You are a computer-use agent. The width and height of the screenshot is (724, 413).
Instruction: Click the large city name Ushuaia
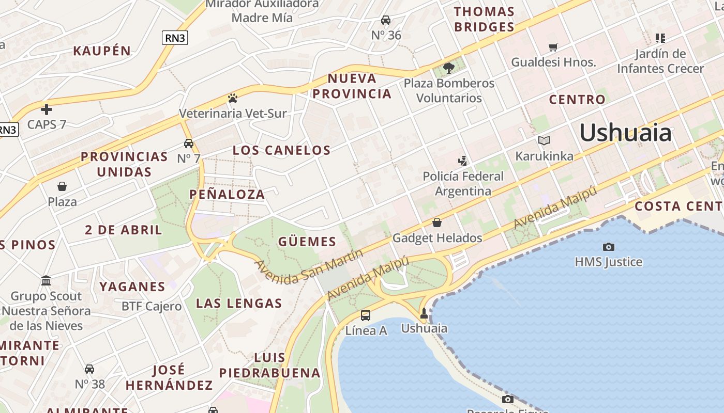tap(625, 133)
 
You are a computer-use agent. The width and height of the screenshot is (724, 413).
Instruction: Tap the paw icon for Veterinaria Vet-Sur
tap(233, 98)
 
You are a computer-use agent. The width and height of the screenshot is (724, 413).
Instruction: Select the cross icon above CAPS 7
tap(47, 109)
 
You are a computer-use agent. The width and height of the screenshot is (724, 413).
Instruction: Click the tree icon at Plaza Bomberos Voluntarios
tap(449, 68)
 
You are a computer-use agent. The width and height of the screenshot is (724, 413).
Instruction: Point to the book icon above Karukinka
tap(544, 140)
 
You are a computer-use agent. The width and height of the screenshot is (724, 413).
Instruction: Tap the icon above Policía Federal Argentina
tap(463, 161)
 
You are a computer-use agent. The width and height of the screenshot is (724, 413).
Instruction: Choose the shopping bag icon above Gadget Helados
tap(437, 223)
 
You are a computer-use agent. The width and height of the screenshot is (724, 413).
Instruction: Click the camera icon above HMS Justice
tap(609, 247)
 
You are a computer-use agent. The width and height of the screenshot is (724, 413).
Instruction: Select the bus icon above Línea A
tap(366, 315)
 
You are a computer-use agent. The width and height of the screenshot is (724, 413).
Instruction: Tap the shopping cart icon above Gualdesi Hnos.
tap(553, 47)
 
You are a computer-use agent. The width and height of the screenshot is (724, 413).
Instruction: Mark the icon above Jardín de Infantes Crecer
tap(660, 38)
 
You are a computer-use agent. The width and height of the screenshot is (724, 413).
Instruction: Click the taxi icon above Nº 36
tap(385, 20)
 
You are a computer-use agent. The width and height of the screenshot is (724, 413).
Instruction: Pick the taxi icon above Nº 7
tap(189, 144)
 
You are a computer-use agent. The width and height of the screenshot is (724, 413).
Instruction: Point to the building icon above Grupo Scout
tap(46, 281)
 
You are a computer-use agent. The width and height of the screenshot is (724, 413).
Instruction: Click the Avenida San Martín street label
tap(309, 266)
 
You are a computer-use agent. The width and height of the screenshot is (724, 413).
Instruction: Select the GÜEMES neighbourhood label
tap(307, 242)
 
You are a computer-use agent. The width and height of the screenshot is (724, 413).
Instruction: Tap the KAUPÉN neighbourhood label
tap(102, 51)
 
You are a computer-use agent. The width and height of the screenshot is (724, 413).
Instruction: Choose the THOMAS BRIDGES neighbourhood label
tap(484, 19)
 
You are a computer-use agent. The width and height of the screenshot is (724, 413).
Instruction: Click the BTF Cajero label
tap(152, 306)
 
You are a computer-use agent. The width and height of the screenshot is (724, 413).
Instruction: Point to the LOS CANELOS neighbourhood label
tap(281, 150)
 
